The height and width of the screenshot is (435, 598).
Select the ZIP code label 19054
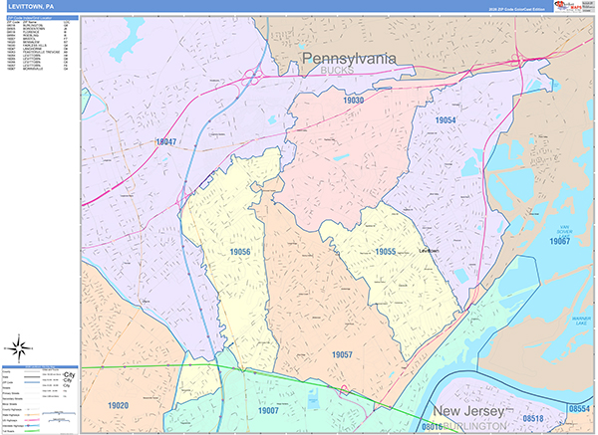(x=445, y=119)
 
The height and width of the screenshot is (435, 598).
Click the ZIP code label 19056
(x=239, y=253)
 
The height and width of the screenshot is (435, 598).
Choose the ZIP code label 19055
(x=386, y=253)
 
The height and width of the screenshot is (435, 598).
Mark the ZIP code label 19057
(x=343, y=354)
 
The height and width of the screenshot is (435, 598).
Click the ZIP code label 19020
(x=119, y=405)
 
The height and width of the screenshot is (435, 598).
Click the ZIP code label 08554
(x=579, y=409)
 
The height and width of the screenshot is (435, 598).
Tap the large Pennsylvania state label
(x=349, y=60)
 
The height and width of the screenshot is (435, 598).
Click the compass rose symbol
(x=19, y=348)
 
